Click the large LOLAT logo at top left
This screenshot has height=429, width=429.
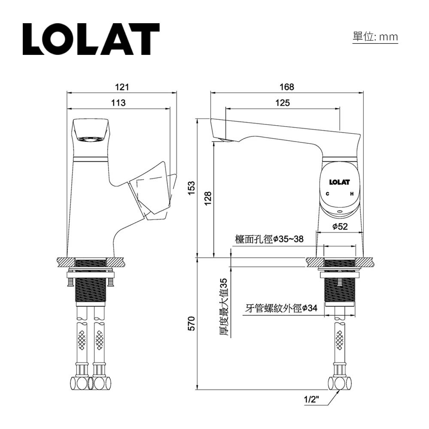tap(91, 39)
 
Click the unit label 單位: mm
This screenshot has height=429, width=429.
tap(375, 37)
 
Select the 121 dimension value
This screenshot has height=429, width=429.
tap(122, 87)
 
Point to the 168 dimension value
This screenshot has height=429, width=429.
tap(287, 87)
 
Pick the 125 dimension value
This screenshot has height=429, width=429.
tap(282, 103)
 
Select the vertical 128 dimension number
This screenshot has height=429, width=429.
tap(208, 198)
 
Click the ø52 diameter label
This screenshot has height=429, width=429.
tap(340, 227)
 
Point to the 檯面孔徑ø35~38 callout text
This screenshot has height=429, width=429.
tap(269, 239)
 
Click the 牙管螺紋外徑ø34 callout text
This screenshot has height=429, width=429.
tap(281, 308)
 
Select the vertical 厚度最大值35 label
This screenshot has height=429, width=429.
tap(223, 307)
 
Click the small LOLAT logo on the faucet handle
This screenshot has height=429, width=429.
tap(339, 182)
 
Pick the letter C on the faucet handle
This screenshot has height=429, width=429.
tap(327, 194)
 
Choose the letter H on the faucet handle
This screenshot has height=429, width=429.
tap(352, 194)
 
